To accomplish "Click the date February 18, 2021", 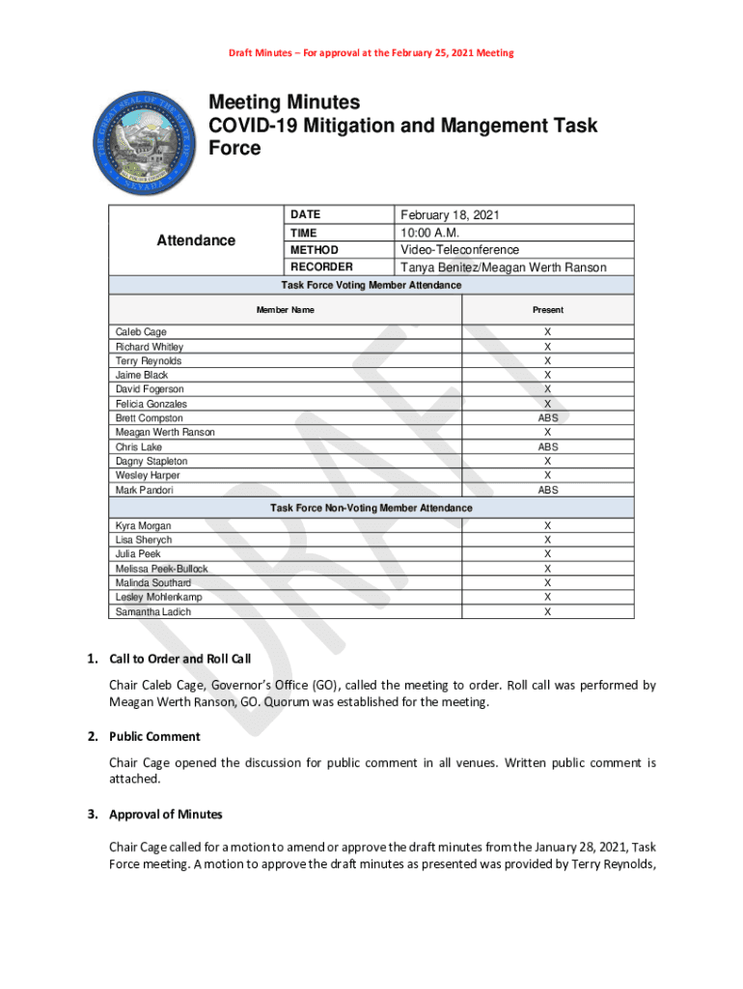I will tap(450, 215).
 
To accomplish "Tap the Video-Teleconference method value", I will tap(459, 250).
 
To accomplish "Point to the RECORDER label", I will tap(321, 267).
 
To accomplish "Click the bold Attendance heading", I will tap(196, 240).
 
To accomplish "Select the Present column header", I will tap(548, 310).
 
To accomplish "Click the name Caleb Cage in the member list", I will tap(141, 332).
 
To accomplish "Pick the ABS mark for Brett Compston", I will tap(548, 418).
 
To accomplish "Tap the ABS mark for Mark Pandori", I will tap(548, 490).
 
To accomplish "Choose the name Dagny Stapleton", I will tap(151, 462).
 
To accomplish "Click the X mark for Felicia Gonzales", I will tap(548, 404).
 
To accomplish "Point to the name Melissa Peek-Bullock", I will tap(161, 569).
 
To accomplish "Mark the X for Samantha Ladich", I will tap(548, 611).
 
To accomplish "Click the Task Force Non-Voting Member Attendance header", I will tap(371, 508).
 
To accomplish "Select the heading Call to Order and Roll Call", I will tap(179, 660).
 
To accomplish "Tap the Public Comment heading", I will tap(154, 737).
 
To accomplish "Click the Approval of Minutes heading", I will tap(165, 814).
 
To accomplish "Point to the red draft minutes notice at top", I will tap(371, 52).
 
